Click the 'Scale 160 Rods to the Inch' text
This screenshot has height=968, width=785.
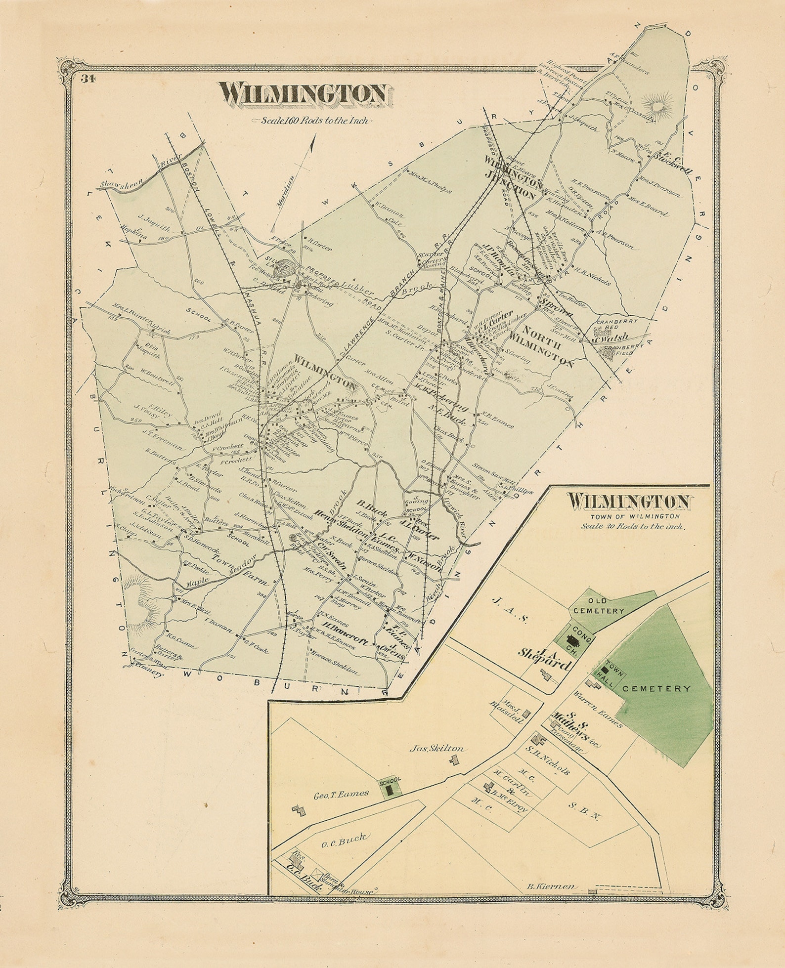tap(310, 121)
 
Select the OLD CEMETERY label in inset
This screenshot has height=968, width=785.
tap(598, 611)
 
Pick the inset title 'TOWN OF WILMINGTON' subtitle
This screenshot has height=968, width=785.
tap(627, 516)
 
